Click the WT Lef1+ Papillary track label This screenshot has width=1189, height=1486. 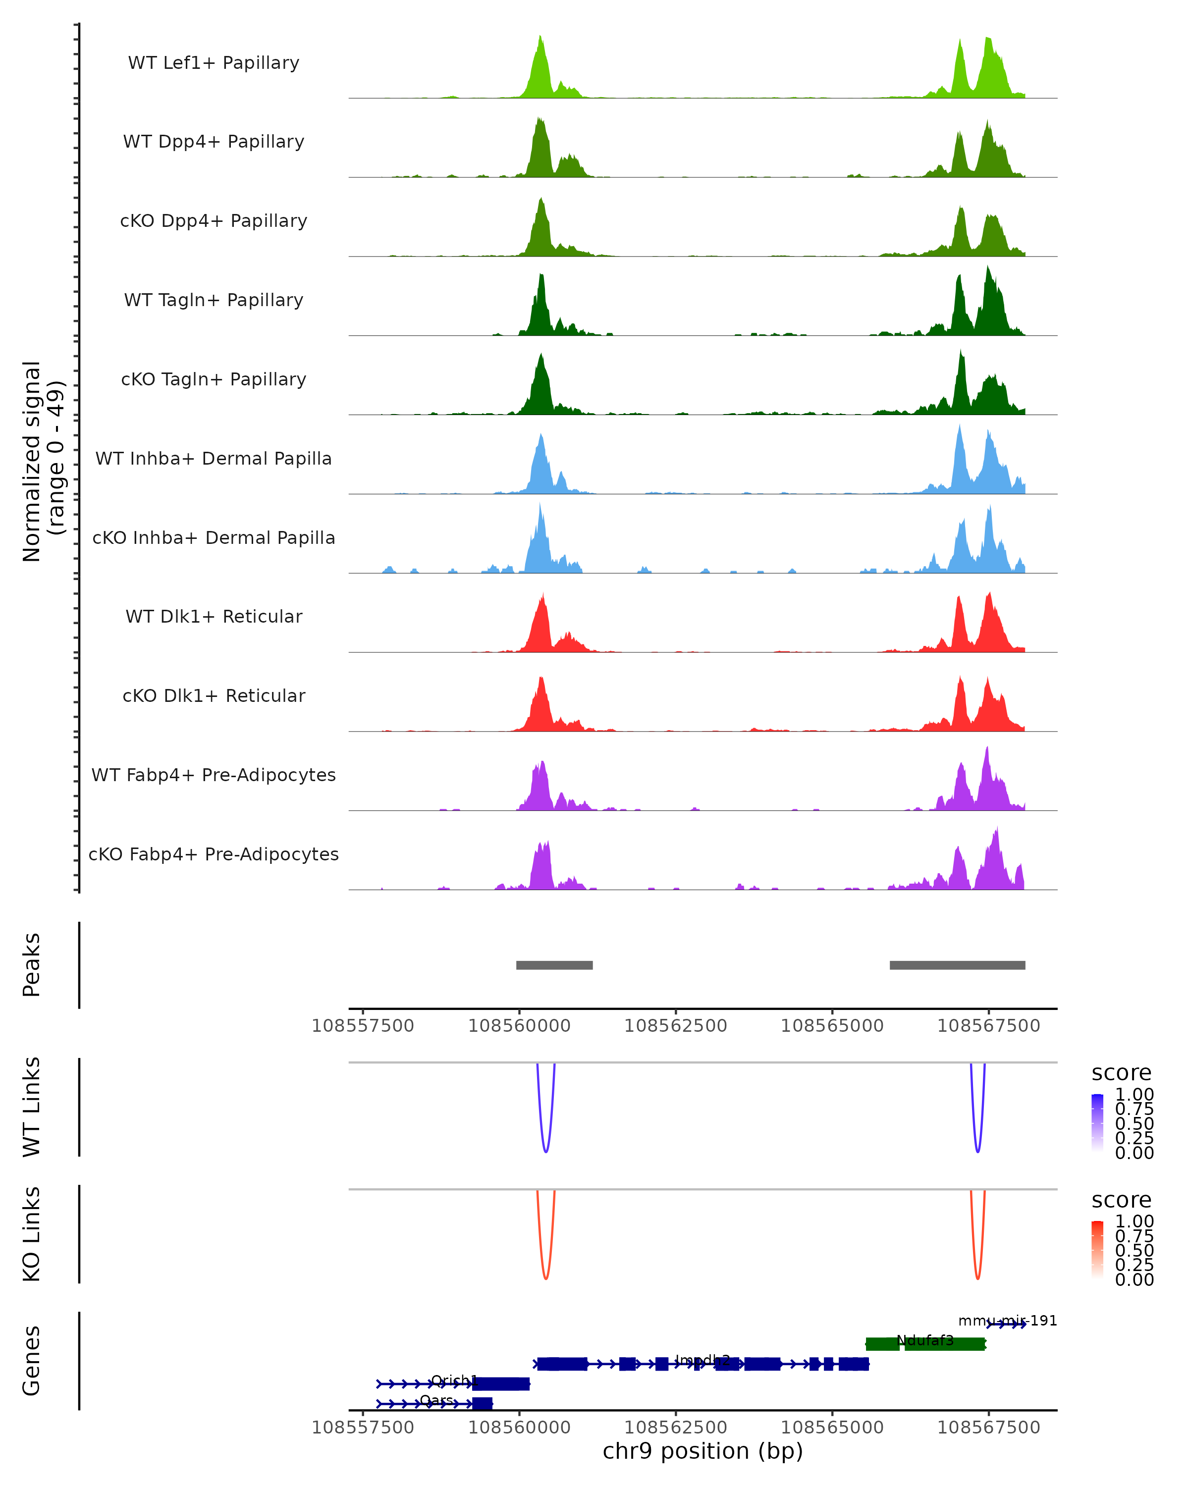pos(214,63)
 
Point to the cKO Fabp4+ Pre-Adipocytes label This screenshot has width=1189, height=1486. pos(214,854)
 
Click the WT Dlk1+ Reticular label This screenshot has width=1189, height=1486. pos(214,616)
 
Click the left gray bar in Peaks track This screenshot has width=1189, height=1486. pos(554,965)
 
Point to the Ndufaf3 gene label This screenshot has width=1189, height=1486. pos(925,1340)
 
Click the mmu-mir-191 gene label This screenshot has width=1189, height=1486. pos(1007,1321)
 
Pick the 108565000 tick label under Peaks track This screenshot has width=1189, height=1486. pos(832,1026)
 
